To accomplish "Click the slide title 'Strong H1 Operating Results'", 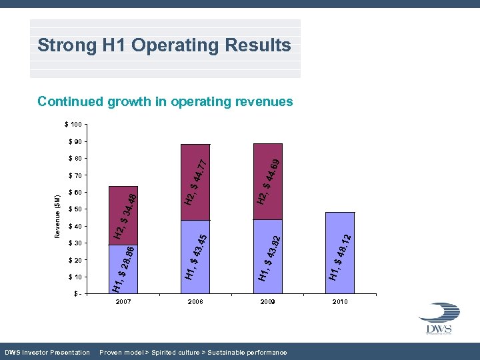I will click(164, 45).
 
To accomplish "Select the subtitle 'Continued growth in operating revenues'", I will click(165, 101).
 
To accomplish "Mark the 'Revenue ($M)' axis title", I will click(57, 217).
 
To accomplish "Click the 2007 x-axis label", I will click(123, 302).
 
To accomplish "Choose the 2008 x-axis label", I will click(195, 302).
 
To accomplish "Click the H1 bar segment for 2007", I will click(123, 269).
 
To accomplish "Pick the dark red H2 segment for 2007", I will click(123, 215).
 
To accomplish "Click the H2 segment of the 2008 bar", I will click(195, 181).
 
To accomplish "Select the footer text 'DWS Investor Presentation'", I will click(47, 352).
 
